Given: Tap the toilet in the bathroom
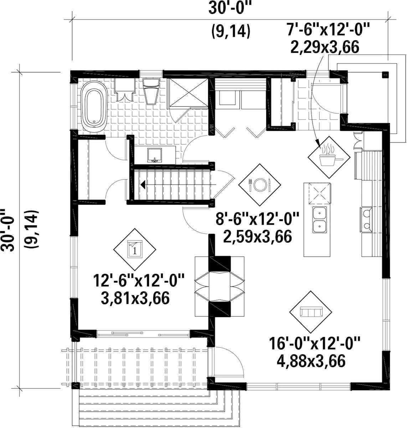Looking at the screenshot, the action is (x=151, y=91).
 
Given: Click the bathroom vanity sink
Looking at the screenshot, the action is (x=154, y=155).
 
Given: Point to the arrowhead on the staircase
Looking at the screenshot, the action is (x=143, y=185).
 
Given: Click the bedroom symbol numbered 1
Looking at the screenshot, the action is (x=135, y=249).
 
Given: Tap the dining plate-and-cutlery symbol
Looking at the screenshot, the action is (x=259, y=185).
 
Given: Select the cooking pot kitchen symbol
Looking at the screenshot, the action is (x=329, y=157).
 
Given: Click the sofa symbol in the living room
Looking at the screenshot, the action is (x=311, y=312).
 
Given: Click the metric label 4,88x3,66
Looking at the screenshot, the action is (x=311, y=361).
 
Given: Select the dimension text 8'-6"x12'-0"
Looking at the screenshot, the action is (x=257, y=219).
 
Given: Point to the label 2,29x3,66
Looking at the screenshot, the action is (x=325, y=47).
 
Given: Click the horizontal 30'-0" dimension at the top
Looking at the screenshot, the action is (x=231, y=8).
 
